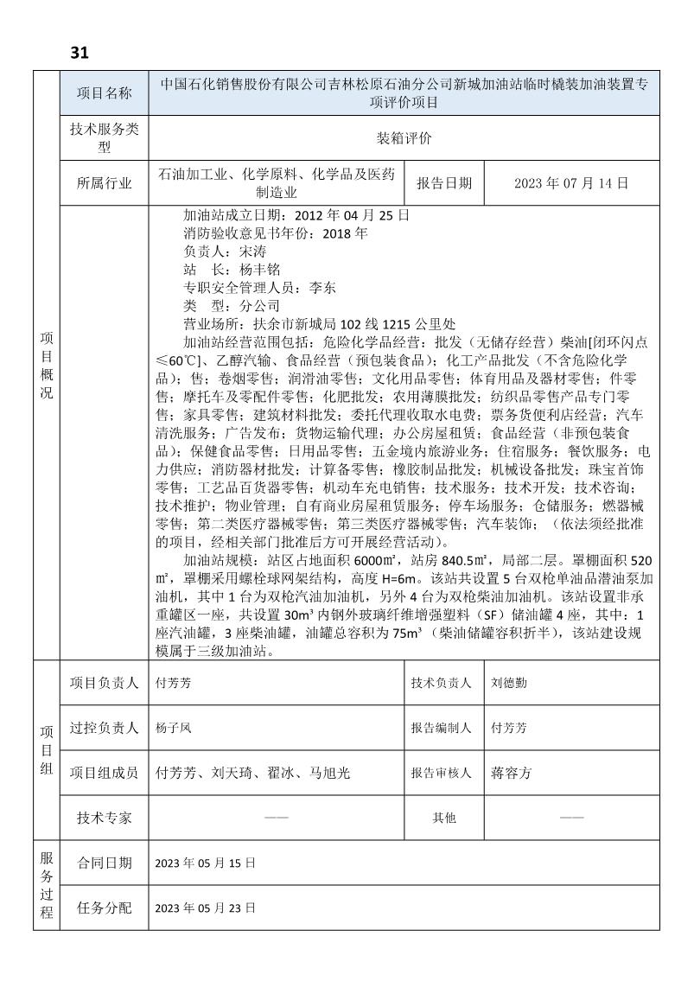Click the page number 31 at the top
(80, 53)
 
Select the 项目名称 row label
(104, 93)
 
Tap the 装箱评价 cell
(404, 138)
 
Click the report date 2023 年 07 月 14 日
(570, 183)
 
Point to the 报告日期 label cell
(444, 183)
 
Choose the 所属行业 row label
(104, 183)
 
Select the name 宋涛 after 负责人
(249, 252)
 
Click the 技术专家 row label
(104, 818)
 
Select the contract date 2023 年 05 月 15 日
(206, 863)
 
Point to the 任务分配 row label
(104, 908)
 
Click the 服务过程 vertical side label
(47, 885)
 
